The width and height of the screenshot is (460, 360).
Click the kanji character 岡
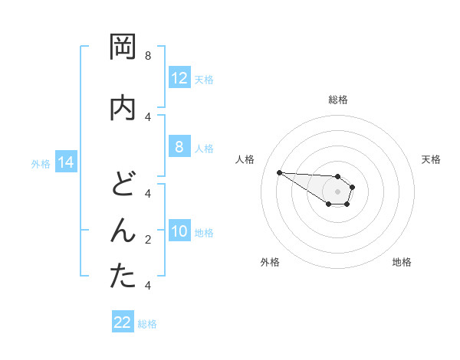(x=123, y=47)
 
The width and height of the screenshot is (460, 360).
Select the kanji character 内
(x=123, y=108)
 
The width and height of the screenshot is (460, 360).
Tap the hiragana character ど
(x=123, y=185)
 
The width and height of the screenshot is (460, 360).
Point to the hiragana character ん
(x=123, y=231)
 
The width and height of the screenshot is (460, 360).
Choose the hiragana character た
(x=123, y=277)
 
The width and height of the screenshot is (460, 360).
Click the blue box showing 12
(x=179, y=78)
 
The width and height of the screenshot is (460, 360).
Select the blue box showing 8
(x=179, y=147)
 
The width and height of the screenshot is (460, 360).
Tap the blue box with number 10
(x=179, y=231)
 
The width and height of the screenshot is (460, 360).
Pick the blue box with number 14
(x=66, y=162)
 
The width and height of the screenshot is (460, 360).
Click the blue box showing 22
(x=123, y=322)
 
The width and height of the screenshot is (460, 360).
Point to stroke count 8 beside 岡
(x=148, y=56)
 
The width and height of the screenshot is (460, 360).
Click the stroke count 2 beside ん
(x=148, y=240)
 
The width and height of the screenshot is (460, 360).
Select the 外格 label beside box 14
(x=41, y=163)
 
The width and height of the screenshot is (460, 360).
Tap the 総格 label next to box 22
(x=147, y=324)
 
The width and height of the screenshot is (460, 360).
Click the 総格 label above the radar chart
(x=338, y=100)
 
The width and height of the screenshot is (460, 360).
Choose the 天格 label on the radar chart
(x=431, y=159)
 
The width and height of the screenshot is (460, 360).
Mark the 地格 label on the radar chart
(x=402, y=262)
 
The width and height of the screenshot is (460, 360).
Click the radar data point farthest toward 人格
(x=279, y=172)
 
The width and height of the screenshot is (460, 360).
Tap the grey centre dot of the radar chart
(x=337, y=191)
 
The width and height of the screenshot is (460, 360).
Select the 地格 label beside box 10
(x=204, y=232)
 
